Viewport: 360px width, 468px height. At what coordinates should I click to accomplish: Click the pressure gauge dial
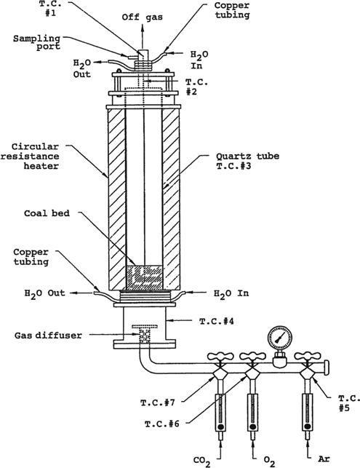click(x=280, y=338)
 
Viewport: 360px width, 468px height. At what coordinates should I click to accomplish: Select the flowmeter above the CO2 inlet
click(x=220, y=412)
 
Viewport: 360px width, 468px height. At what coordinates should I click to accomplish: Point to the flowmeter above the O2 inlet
click(x=252, y=412)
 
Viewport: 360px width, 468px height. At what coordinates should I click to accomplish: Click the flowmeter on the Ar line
click(x=308, y=412)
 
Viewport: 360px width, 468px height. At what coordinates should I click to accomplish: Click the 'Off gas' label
click(x=143, y=17)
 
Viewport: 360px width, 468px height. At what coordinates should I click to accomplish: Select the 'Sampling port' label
click(x=36, y=42)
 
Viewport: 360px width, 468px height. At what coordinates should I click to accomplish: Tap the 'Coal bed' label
click(x=47, y=213)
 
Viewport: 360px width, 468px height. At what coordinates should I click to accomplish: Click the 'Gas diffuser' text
click(x=48, y=336)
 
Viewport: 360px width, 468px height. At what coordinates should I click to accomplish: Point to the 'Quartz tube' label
click(x=247, y=156)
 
